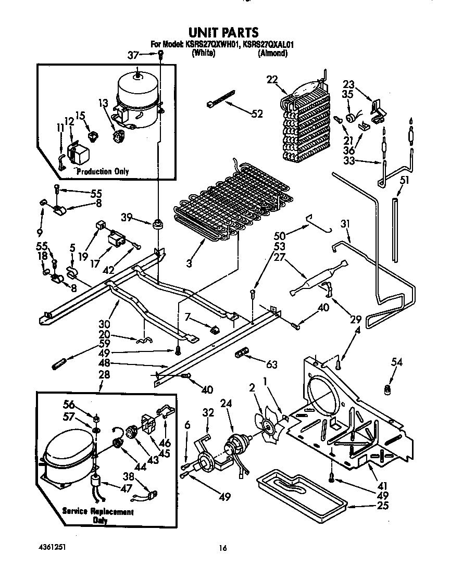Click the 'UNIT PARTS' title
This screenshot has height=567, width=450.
[222, 33]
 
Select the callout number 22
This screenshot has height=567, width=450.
[271, 80]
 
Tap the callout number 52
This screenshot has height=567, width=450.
[257, 114]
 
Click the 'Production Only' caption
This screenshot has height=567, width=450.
[102, 171]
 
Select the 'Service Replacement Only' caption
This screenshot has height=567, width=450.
[98, 515]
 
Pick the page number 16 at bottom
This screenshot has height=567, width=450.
[222, 547]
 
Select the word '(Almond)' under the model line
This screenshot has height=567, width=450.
[272, 53]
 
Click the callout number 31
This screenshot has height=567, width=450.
[345, 224]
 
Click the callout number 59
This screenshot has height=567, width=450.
[104, 343]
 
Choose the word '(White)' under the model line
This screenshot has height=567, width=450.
[203, 53]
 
